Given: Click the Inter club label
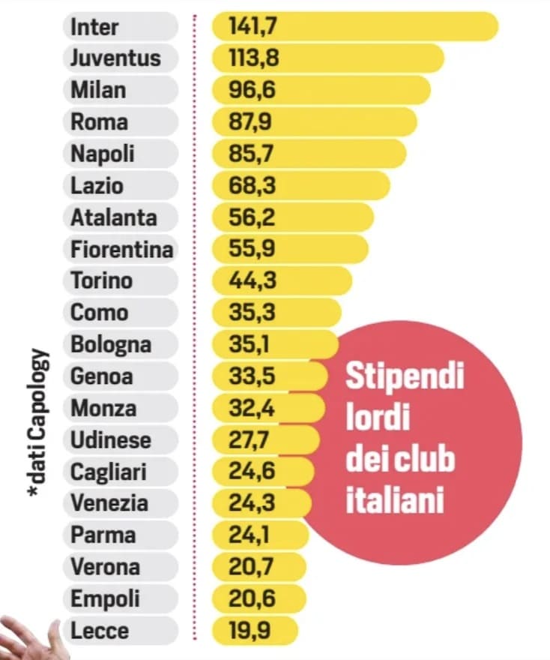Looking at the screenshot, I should [x=95, y=26].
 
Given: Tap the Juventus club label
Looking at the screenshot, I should [x=115, y=58].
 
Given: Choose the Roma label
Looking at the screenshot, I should [x=100, y=121].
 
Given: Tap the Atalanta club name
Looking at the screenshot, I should [x=114, y=217].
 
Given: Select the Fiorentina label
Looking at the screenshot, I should [x=121, y=249].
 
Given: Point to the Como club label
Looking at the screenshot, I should [x=100, y=313].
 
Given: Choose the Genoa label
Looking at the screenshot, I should [x=102, y=376].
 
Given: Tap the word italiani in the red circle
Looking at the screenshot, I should [x=394, y=501].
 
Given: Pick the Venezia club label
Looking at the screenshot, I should [x=109, y=503].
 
